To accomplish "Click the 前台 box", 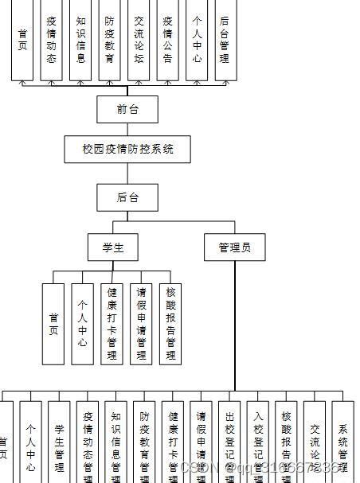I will click(127, 110).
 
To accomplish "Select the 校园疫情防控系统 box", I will click(127, 149).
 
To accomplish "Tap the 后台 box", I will click(127, 197).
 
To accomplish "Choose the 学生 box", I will click(112, 247).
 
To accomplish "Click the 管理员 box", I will click(234, 247).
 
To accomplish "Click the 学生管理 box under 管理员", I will click(59, 442).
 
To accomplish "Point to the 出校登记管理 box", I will click(229, 442).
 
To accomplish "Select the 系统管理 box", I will click(343, 442).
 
